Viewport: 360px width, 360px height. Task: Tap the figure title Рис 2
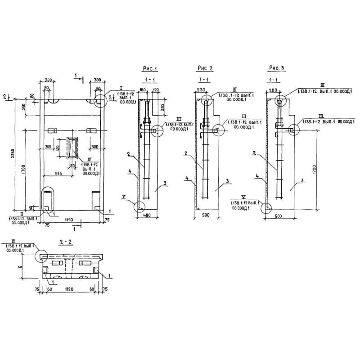point(205,68)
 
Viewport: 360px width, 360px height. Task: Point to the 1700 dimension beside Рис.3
point(314,170)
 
